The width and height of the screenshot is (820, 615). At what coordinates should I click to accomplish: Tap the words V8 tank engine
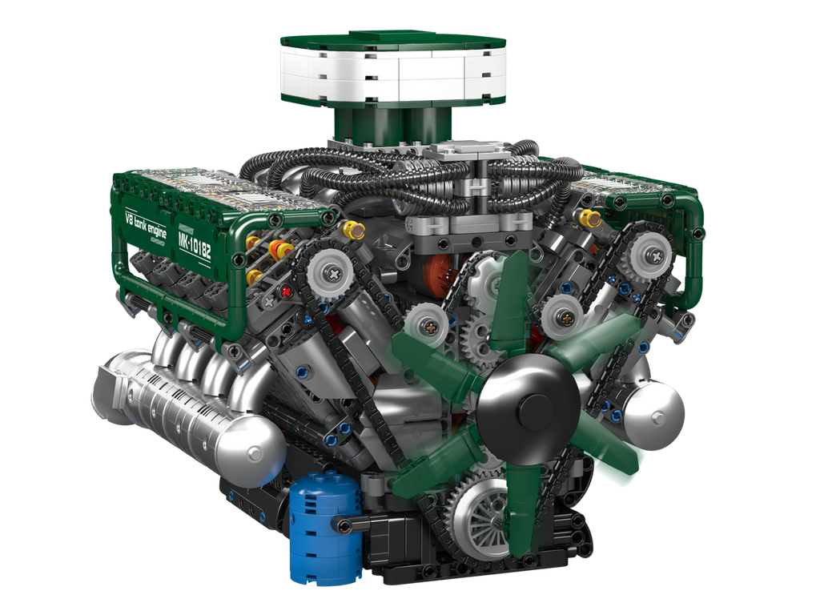click(145, 225)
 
